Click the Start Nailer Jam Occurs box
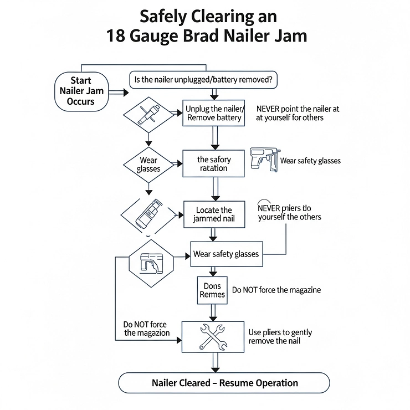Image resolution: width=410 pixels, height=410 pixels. [81, 91]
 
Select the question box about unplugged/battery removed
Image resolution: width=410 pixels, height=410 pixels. [203, 80]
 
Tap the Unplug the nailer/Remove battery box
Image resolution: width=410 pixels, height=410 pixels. [213, 113]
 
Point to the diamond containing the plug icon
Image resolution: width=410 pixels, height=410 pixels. [148, 113]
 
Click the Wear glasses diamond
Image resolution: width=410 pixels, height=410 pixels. [148, 164]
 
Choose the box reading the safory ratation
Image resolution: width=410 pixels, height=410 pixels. [214, 163]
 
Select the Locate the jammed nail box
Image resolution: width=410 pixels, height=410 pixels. [214, 214]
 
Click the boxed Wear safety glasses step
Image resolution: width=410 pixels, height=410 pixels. [225, 254]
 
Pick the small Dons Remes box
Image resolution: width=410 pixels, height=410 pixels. [212, 290]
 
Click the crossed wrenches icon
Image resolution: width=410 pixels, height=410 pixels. [213, 336]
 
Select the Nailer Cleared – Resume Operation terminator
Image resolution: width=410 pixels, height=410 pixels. [224, 383]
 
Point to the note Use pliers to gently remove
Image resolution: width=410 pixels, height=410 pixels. [280, 336]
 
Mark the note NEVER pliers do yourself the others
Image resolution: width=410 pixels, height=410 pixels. [289, 212]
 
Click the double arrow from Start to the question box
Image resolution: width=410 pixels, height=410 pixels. [118, 91]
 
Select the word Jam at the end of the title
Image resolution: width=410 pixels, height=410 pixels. [290, 36]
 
